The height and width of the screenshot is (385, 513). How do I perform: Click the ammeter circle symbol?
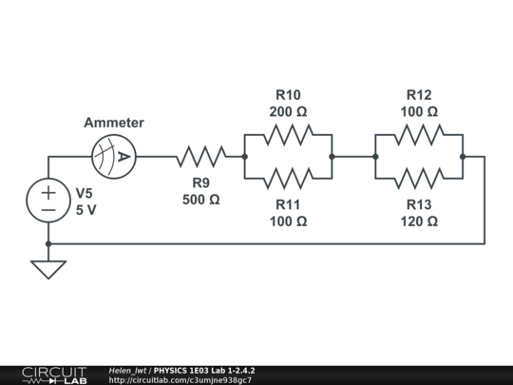pos(114,156)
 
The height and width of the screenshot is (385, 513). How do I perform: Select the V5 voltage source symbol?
pos(48,200)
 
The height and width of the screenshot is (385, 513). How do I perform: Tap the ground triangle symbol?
pos(48,269)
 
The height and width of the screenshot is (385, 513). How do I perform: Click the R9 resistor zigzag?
pos(200,156)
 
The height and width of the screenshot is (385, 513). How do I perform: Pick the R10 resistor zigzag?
pos(289,134)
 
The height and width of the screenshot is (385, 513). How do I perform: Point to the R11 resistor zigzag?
pos(289,178)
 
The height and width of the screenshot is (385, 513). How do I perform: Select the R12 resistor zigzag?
pos(419,134)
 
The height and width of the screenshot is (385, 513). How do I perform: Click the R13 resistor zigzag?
pos(419,178)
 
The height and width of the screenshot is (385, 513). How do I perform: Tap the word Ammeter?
pos(114,123)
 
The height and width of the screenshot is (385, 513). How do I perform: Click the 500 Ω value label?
pos(200,200)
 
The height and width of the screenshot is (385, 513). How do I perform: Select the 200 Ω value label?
pos(289,111)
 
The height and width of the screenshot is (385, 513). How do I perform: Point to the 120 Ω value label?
pos(419,221)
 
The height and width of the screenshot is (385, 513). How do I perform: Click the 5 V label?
pos(86,210)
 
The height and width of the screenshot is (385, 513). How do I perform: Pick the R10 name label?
pos(289,95)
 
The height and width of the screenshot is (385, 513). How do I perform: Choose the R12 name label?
pos(419,95)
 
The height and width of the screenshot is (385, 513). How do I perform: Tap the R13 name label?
pos(419,204)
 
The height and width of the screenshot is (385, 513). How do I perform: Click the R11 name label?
pos(289,204)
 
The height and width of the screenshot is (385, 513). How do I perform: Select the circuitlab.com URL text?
pos(180,380)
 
